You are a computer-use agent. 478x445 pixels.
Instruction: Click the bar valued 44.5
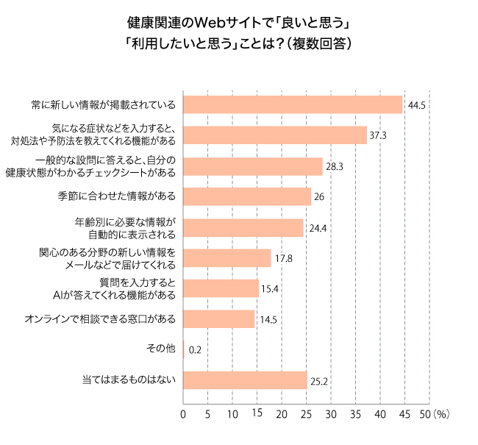pyautogui.click(x=293, y=105)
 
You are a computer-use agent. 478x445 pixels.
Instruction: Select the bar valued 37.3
pyautogui.click(x=274, y=135)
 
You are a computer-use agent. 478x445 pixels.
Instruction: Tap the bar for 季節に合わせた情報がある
pyautogui.click(x=246, y=196)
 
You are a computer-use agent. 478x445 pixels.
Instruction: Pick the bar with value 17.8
pyautogui.click(x=226, y=258)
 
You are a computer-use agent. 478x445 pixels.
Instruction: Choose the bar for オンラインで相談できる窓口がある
pyautogui.click(x=218, y=319)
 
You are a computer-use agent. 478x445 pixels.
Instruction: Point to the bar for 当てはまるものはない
pyautogui.click(x=245, y=380)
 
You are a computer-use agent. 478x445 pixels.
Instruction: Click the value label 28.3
pyautogui.click(x=335, y=167)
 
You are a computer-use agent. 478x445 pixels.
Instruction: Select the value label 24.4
pyautogui.click(x=318, y=228)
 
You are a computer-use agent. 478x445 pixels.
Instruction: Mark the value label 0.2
pyautogui.click(x=196, y=350)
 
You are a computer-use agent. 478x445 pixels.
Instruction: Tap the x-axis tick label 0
pyautogui.click(x=183, y=415)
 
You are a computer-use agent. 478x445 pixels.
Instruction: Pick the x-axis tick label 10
pyautogui.click(x=232, y=415)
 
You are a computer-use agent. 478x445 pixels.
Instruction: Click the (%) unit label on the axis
pyautogui.click(x=441, y=415)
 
